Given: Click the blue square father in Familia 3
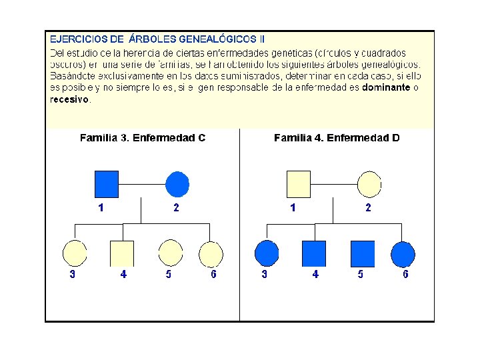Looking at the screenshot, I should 107,184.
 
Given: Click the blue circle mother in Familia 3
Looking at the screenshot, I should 177,184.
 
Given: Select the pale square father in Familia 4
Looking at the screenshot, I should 299,184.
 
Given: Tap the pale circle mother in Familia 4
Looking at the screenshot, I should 369,184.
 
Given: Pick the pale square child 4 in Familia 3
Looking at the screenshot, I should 122,253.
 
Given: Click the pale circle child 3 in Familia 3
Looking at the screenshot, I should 75,253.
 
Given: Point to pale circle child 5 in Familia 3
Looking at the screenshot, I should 170,253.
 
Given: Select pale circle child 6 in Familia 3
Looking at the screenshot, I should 211,253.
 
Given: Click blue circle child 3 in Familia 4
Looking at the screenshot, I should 267,253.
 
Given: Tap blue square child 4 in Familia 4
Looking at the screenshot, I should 314,253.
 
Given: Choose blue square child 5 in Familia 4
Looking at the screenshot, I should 362,253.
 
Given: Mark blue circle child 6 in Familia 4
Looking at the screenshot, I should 403,253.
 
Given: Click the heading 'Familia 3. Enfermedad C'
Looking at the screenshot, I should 143,138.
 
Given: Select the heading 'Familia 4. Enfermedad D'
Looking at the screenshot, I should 337,138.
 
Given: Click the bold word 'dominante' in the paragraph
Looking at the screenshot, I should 386,87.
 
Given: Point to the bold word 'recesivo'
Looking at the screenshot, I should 69,99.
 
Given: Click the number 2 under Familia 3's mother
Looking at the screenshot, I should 176,208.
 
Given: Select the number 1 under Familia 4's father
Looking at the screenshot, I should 293,208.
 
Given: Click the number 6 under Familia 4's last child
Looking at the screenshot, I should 405,274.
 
